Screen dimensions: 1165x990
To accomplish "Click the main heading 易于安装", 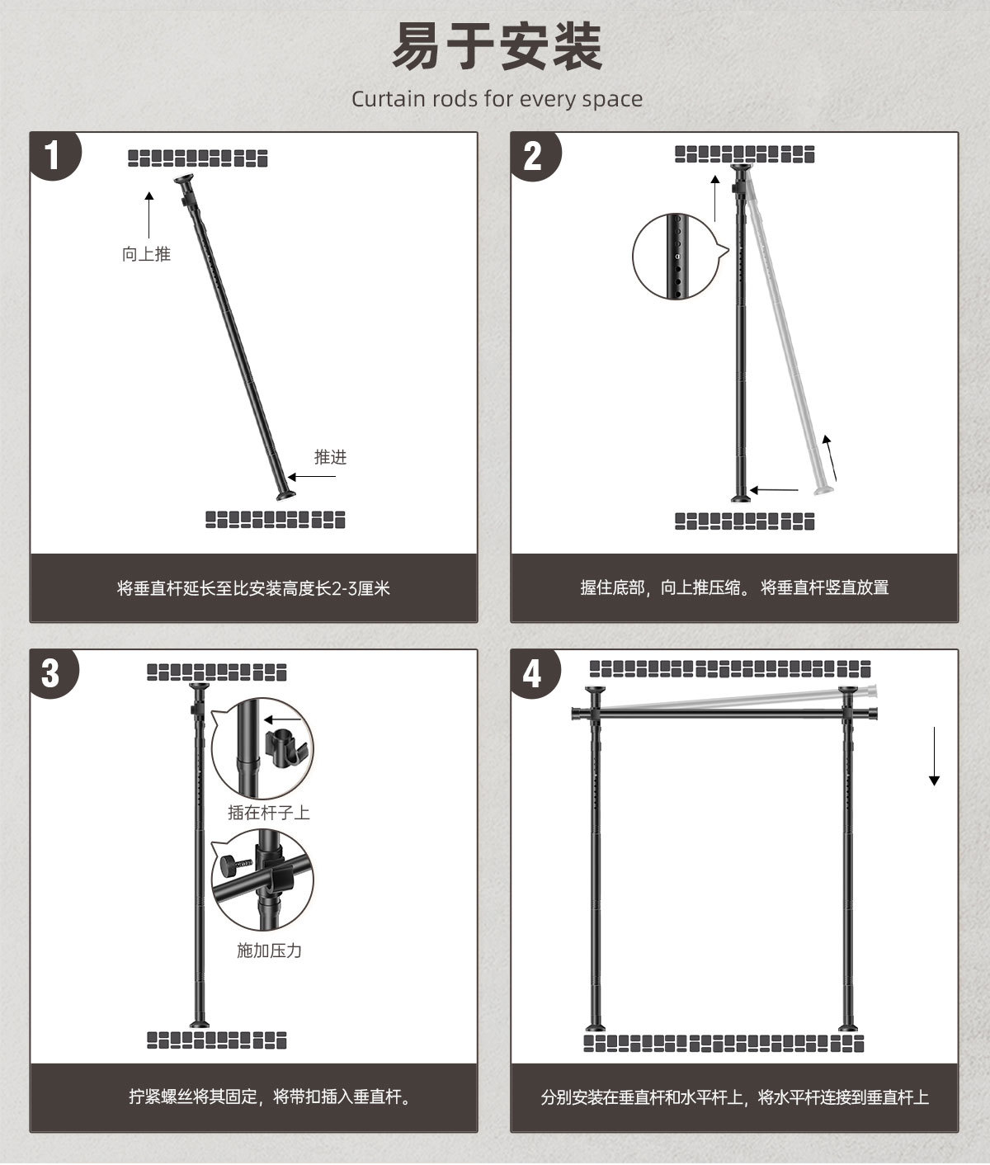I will [x=497, y=47].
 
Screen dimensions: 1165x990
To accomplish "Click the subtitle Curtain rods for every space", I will [x=497, y=99].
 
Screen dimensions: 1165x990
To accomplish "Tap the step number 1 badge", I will [x=54, y=154].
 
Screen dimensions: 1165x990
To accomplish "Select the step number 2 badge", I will [x=534, y=154].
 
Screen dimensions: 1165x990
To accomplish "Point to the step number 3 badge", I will [x=51, y=672].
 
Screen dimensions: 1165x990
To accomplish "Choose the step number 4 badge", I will [x=532, y=672].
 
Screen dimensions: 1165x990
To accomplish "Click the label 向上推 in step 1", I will [x=146, y=254].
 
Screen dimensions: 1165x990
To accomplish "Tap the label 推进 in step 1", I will [x=330, y=456].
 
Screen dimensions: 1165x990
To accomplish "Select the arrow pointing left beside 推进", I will [x=312, y=477].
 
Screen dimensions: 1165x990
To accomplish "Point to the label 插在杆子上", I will [x=269, y=813].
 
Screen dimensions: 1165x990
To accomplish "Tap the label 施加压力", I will [x=269, y=950].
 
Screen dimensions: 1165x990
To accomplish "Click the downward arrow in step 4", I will [x=934, y=757].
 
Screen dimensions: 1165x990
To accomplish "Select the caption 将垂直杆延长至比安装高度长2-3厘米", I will [x=253, y=588].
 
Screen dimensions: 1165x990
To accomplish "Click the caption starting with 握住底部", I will [x=734, y=588].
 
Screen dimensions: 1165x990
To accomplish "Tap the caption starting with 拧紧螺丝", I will [x=270, y=1097].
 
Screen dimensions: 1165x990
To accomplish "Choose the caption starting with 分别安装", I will [x=734, y=1097].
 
